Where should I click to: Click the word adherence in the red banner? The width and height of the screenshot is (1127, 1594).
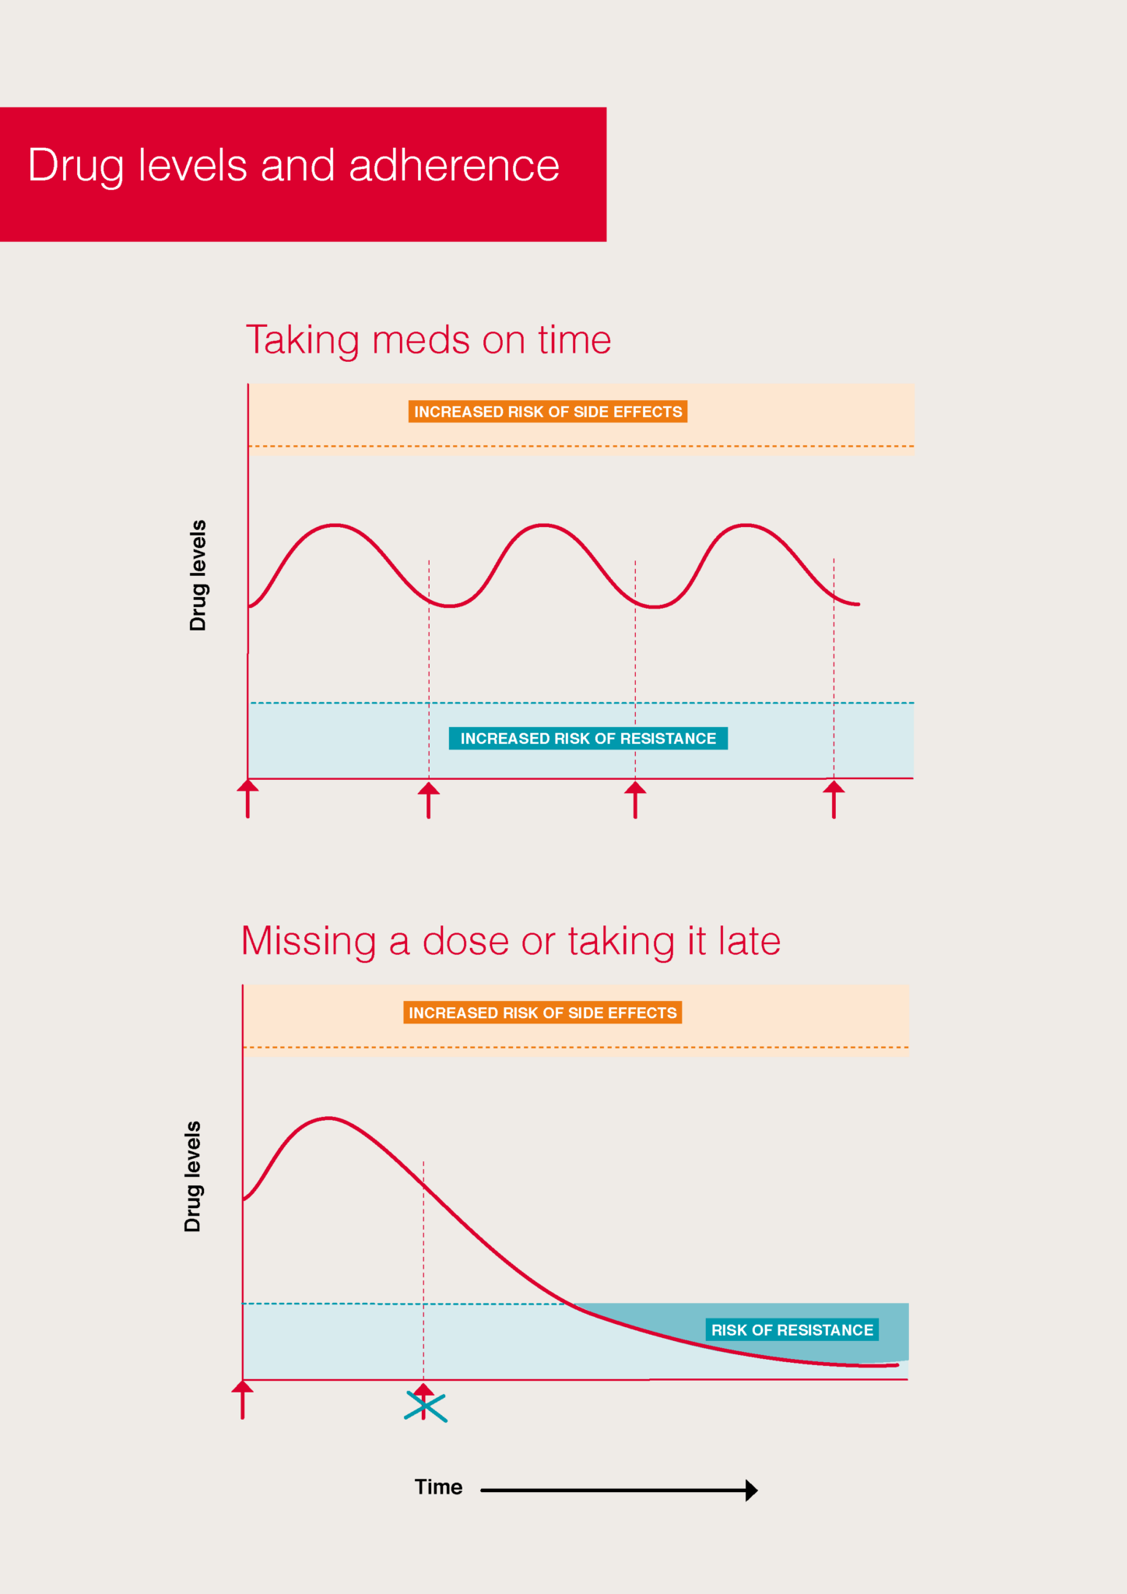454,166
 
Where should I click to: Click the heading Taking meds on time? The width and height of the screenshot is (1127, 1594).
428,340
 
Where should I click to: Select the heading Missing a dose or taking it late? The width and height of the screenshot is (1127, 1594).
511,941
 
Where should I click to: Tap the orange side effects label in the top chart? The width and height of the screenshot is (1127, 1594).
547,412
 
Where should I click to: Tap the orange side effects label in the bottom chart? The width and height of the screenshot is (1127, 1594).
542,1013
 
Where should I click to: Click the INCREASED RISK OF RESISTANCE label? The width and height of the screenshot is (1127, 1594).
588,739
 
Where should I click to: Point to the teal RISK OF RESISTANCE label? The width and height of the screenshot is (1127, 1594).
792,1330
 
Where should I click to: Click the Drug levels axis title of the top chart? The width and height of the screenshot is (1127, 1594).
198,575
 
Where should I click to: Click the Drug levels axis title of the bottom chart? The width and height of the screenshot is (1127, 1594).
193,1176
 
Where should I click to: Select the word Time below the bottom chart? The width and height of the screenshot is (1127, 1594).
438,1487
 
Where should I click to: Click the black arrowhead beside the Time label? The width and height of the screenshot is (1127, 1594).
750,1490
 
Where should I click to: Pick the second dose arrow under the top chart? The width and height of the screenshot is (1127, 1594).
429,799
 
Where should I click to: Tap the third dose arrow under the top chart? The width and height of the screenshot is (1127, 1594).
635,799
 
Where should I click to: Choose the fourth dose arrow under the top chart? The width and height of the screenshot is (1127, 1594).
834,799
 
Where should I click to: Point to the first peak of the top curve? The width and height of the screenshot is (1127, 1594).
335,525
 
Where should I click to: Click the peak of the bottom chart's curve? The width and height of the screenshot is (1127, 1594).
328,1118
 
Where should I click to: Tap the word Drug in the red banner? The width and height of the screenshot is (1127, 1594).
75,166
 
